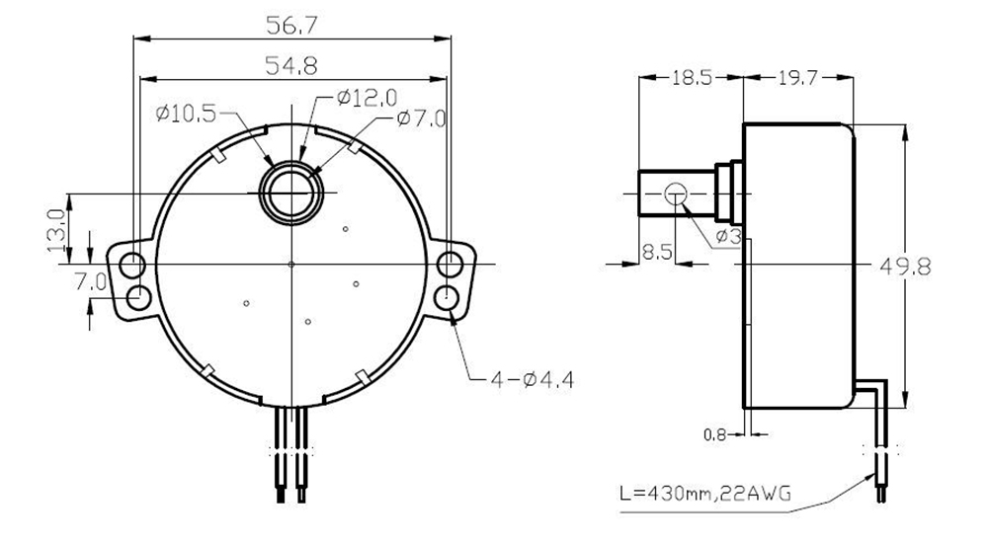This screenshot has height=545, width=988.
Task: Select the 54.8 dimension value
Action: (x=290, y=66)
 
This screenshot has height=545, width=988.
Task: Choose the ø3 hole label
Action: (x=728, y=235)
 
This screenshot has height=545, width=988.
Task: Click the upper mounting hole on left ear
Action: (x=131, y=265)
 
